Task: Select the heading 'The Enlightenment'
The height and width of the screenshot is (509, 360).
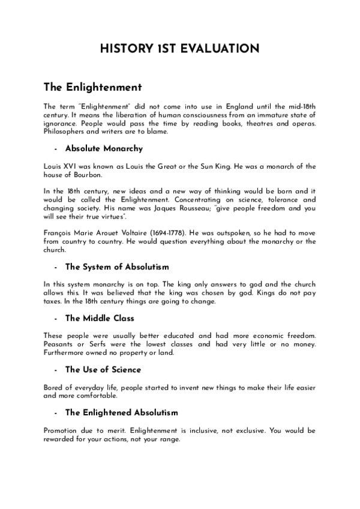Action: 92,88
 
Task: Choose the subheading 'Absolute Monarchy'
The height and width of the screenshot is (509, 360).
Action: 103,148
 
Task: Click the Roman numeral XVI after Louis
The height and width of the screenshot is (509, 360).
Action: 74,166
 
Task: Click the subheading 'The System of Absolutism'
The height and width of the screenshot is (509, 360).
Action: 117,266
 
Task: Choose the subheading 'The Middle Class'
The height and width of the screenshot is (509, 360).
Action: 100,318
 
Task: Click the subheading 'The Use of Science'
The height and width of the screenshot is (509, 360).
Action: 103,369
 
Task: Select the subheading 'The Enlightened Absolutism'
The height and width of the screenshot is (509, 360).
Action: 121,412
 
